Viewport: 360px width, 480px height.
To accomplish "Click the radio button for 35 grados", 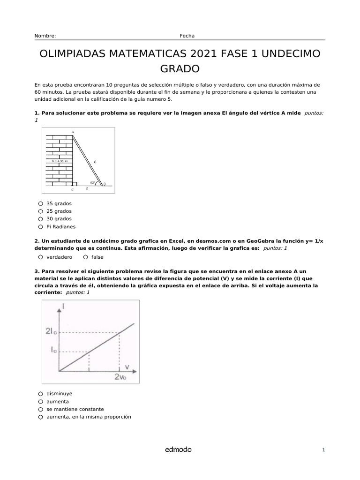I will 41,204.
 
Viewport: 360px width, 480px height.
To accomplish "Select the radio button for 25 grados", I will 41,211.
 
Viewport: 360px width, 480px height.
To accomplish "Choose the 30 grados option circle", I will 41,219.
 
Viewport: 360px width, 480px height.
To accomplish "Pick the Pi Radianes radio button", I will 41,227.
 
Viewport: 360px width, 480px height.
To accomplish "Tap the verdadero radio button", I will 41,257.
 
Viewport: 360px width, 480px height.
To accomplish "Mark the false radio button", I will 86,257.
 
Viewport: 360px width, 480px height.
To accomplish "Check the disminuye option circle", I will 41,394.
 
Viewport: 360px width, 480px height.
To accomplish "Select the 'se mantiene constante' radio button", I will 41,409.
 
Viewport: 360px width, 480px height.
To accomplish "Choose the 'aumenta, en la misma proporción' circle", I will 41,417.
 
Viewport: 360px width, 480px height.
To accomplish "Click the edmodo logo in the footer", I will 178,450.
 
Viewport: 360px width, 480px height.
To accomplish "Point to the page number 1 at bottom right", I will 323,450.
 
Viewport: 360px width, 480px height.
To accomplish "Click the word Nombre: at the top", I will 45,36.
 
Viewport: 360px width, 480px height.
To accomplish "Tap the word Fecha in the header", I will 187,36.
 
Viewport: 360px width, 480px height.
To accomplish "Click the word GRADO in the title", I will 180,69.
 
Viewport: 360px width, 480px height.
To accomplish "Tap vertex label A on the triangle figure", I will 73,132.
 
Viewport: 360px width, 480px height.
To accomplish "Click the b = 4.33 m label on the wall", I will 60,161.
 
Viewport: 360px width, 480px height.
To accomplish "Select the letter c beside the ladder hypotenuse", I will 95,161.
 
